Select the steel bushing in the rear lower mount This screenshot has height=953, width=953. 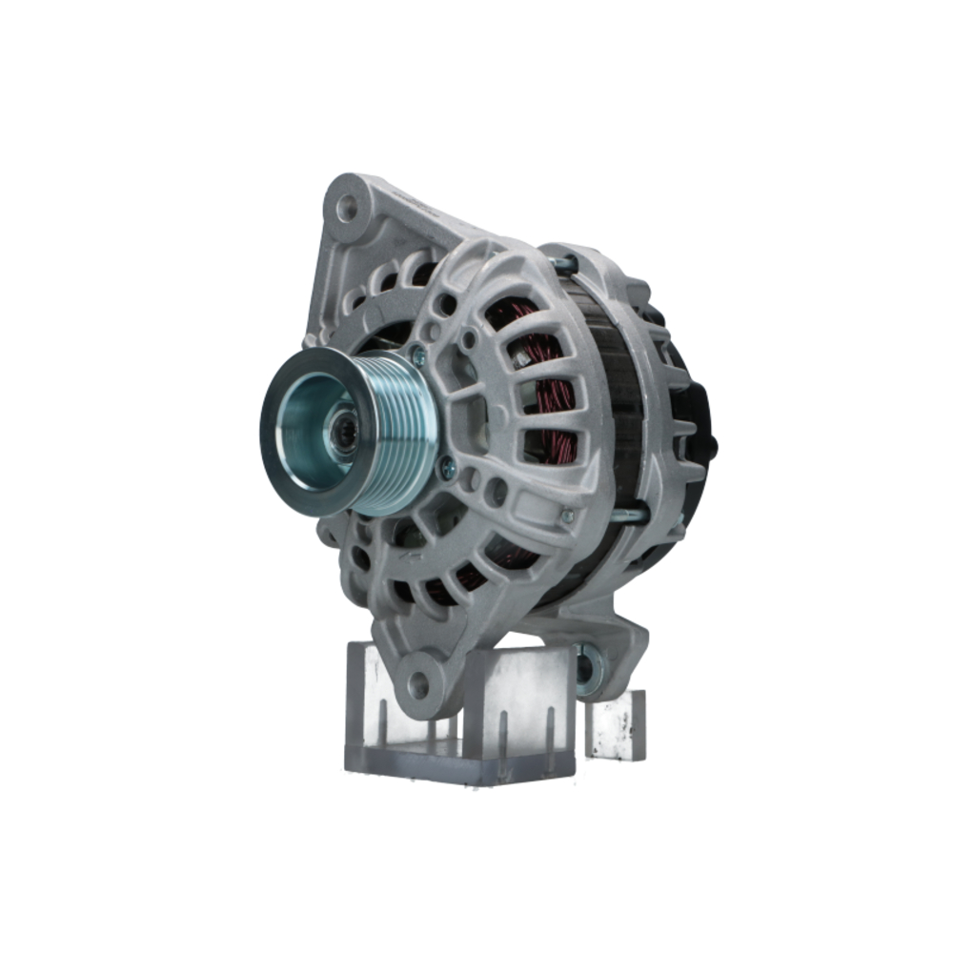(584, 665)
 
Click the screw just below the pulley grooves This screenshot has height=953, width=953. (446, 466)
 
